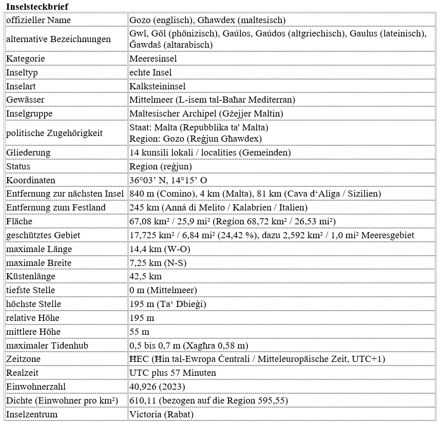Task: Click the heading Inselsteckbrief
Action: tap(37, 6)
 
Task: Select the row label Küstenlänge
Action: tap(31, 276)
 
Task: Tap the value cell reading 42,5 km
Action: tap(146, 276)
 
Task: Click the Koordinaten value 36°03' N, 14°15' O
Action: tap(168, 180)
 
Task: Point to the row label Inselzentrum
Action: tap(32, 414)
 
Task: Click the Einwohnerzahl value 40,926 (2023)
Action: tap(158, 386)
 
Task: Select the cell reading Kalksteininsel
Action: tap(157, 86)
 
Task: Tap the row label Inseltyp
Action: tap(22, 72)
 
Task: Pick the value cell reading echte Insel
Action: tap(150, 72)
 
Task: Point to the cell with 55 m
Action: tap(140, 332)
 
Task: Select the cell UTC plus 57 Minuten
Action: tap(173, 372)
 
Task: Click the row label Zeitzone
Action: tap(23, 358)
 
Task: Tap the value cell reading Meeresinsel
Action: tap(153, 59)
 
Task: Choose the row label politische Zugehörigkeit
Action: tap(54, 133)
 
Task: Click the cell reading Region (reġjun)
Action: tap(161, 166)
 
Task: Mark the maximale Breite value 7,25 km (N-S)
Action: tap(158, 262)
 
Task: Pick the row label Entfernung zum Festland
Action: tap(56, 207)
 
